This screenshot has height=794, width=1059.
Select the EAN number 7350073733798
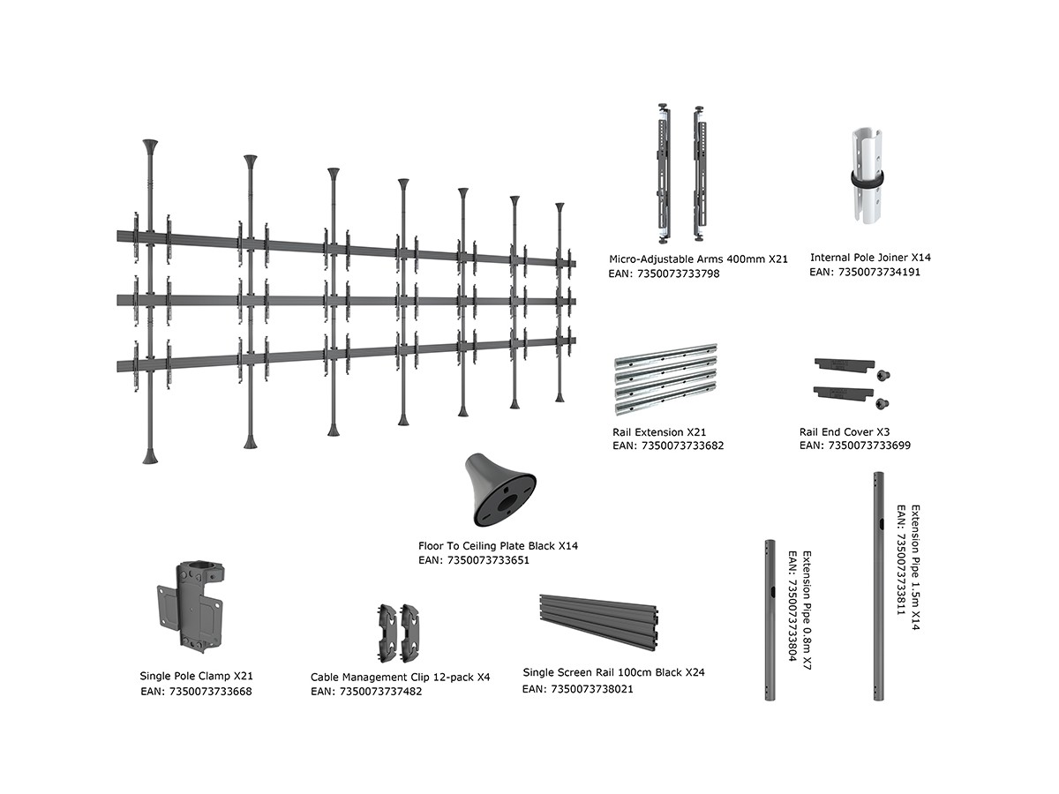point(665,274)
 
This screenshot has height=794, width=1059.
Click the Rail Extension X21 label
point(660,432)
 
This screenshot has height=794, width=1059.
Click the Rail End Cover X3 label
point(844,432)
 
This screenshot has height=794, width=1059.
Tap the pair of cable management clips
point(399,633)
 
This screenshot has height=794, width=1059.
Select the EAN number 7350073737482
point(366,692)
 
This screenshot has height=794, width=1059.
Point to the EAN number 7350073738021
point(577,689)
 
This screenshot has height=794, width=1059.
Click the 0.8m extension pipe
point(769,620)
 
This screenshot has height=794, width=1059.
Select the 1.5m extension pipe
point(879,587)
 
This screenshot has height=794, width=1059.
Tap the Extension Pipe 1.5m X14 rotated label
point(915,568)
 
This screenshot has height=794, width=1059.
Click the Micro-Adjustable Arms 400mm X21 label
point(698,259)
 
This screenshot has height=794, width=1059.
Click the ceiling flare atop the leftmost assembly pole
point(149,144)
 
